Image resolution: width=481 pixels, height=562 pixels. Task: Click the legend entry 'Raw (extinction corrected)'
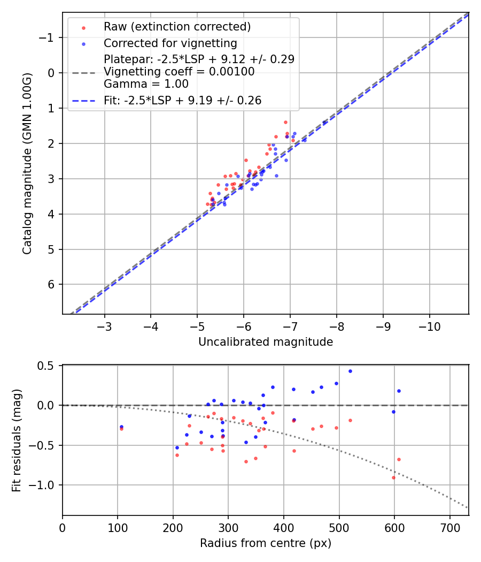click(x=177, y=27)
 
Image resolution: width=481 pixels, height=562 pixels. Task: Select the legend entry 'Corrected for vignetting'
click(x=170, y=43)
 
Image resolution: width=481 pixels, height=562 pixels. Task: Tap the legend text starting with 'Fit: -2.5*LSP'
click(x=182, y=101)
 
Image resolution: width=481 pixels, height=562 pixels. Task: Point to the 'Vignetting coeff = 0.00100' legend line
click(x=179, y=71)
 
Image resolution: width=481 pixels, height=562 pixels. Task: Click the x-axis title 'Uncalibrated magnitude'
click(x=266, y=342)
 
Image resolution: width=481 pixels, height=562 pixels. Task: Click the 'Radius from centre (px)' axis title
click(x=266, y=543)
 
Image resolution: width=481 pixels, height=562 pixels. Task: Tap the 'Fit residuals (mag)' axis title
click(x=16, y=441)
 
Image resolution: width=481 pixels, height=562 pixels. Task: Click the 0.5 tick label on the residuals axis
click(x=49, y=366)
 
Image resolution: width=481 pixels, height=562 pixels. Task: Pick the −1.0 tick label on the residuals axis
click(x=45, y=485)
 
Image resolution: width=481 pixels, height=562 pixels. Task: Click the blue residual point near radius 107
click(x=121, y=427)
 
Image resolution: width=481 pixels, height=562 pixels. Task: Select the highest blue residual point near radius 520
click(x=350, y=371)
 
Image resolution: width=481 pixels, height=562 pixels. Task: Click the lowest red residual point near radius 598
click(x=393, y=477)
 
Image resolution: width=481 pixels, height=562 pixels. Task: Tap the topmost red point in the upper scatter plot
click(x=285, y=122)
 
